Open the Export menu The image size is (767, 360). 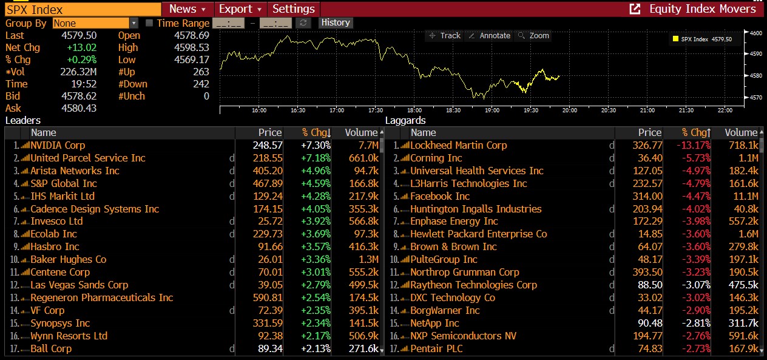click(x=240, y=9)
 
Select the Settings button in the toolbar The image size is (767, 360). click(x=294, y=9)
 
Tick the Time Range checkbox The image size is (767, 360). click(x=150, y=23)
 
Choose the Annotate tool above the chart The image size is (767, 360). click(x=490, y=36)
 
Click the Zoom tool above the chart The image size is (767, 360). click(x=534, y=36)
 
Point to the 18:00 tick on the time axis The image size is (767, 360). click(x=414, y=110)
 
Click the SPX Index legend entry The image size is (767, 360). click(x=701, y=39)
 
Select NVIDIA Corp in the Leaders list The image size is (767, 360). click(x=58, y=146)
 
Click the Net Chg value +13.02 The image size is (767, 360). click(x=81, y=48)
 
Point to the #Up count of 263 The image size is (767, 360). click(x=201, y=72)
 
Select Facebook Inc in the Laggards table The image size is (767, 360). click(x=440, y=197)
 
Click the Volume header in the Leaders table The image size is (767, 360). click(x=361, y=133)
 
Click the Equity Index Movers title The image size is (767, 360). click(x=702, y=9)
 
